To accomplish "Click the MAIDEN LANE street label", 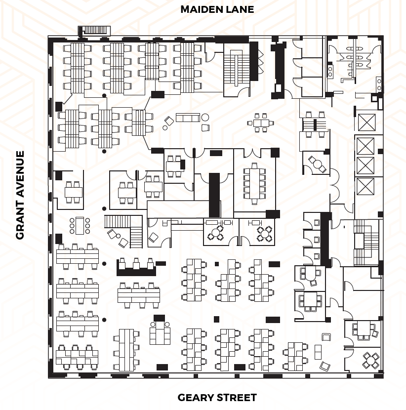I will tap(217, 9).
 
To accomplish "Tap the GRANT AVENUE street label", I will tap(20, 195).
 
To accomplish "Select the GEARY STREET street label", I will tap(217, 398).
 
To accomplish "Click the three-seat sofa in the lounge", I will tap(188, 118).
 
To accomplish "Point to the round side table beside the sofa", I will tap(205, 117).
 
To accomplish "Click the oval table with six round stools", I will tap(80, 225).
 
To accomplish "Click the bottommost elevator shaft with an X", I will tap(366, 186).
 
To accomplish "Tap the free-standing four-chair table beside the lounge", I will tap(261, 123).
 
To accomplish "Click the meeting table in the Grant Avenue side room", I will tap(74, 191).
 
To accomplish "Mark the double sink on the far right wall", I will tap(379, 84).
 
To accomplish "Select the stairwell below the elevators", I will tap(366, 242).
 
